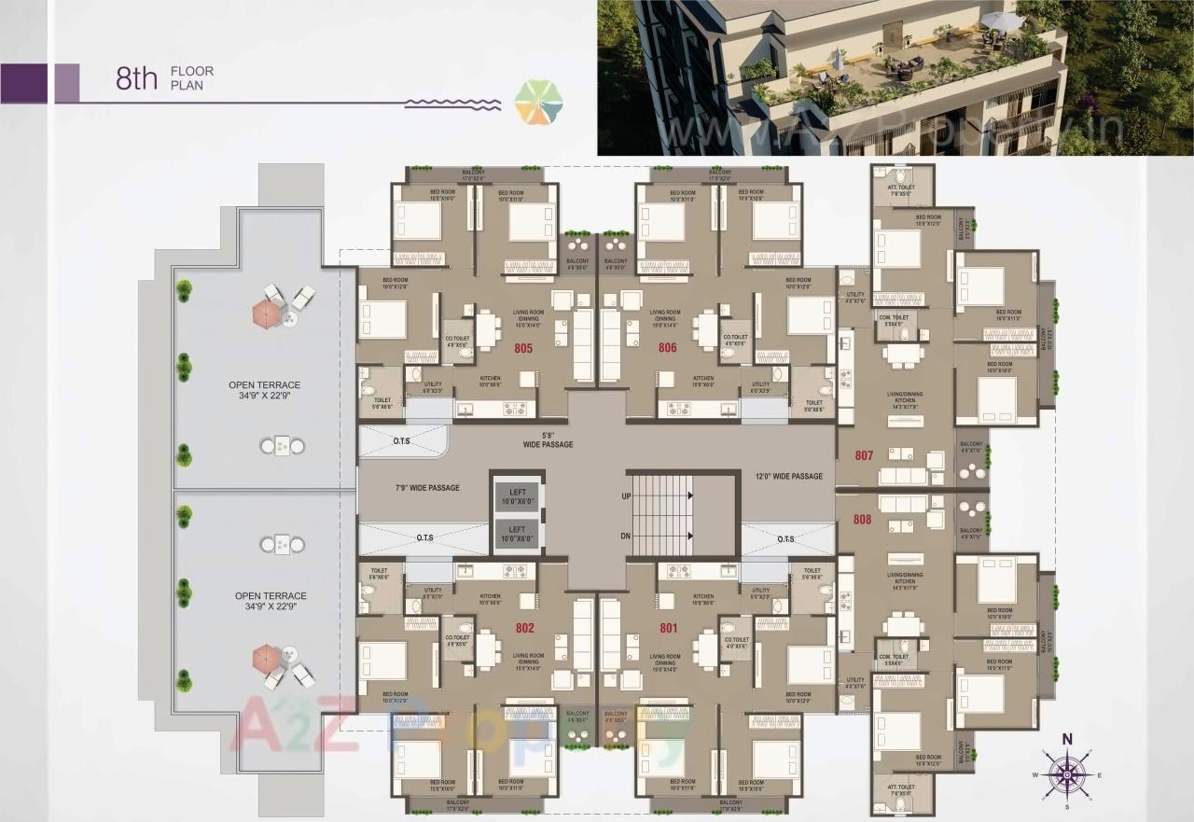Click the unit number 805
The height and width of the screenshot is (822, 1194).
[523, 348]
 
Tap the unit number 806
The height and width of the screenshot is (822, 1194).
[667, 348]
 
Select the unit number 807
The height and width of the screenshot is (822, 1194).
[864, 456]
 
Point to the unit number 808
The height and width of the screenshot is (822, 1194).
[864, 520]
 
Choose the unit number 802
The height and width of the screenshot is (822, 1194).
[524, 629]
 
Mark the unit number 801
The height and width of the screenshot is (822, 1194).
[667, 629]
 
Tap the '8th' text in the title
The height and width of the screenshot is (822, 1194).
[137, 79]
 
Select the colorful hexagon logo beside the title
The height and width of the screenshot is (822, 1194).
[538, 102]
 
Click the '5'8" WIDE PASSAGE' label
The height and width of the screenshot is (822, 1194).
[548, 439]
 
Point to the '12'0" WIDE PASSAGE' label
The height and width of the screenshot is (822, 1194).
[789, 477]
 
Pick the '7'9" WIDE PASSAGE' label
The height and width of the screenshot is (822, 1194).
[427, 488]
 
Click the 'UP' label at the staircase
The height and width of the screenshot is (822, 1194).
[626, 497]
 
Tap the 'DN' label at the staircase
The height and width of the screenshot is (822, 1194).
[626, 536]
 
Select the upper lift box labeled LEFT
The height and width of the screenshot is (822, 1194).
[517, 497]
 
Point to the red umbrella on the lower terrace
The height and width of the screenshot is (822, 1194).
[265, 659]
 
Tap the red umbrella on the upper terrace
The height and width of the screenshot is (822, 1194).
[265, 314]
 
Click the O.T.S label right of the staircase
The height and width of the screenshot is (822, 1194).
[785, 539]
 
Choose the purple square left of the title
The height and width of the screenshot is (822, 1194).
[25, 83]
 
